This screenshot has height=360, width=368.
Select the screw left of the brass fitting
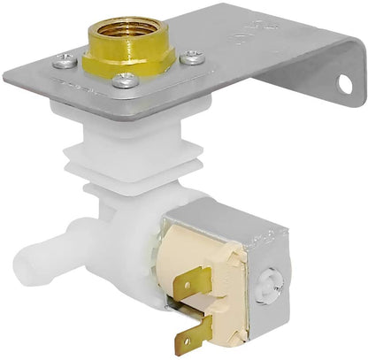pos(65,61)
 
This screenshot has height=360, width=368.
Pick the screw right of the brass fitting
pos(192,57)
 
